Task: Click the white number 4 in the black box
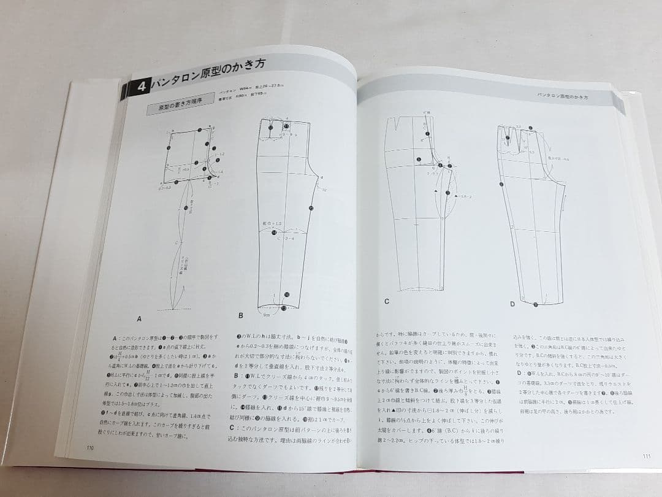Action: tap(140, 87)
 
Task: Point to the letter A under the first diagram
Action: tap(139, 319)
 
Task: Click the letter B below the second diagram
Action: tap(241, 315)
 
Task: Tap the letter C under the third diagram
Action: tap(387, 302)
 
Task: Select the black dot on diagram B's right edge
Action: tap(311, 209)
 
